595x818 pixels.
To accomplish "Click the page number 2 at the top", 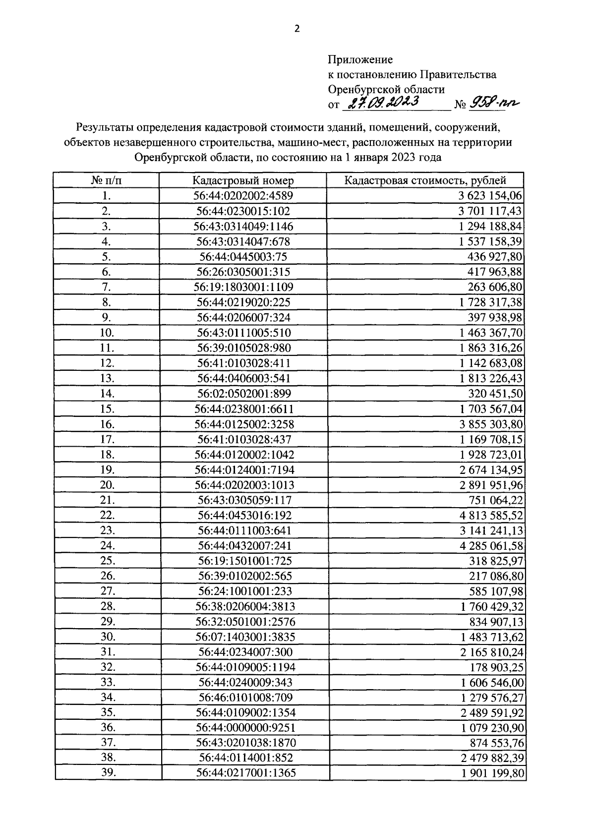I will click(x=297, y=29).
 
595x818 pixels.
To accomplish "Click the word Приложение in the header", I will click(x=360, y=60).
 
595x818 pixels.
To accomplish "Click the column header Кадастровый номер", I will click(x=243, y=180).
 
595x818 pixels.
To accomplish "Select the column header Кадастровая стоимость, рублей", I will click(x=425, y=180).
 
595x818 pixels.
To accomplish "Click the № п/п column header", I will click(x=106, y=180).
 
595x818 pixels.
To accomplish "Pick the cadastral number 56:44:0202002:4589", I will click(x=243, y=196).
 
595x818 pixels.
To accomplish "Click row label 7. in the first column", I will click(x=106, y=287).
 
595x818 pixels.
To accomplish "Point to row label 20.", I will click(x=107, y=485).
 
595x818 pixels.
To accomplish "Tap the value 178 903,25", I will click(x=493, y=667).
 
